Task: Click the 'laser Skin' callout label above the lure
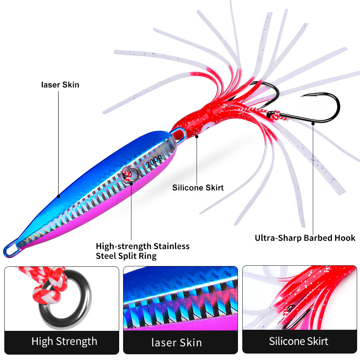click(x=60, y=85)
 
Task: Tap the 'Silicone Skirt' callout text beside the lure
click(x=198, y=188)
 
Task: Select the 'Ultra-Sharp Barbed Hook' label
click(x=305, y=238)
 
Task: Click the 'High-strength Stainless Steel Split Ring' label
click(x=143, y=251)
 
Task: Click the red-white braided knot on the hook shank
click(x=279, y=116)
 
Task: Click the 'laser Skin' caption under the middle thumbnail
click(x=176, y=343)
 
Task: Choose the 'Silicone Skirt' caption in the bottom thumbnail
click(x=298, y=341)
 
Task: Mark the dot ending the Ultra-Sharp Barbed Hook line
click(x=313, y=123)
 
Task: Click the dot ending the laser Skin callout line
click(x=59, y=196)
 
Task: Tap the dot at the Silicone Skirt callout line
click(x=197, y=136)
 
